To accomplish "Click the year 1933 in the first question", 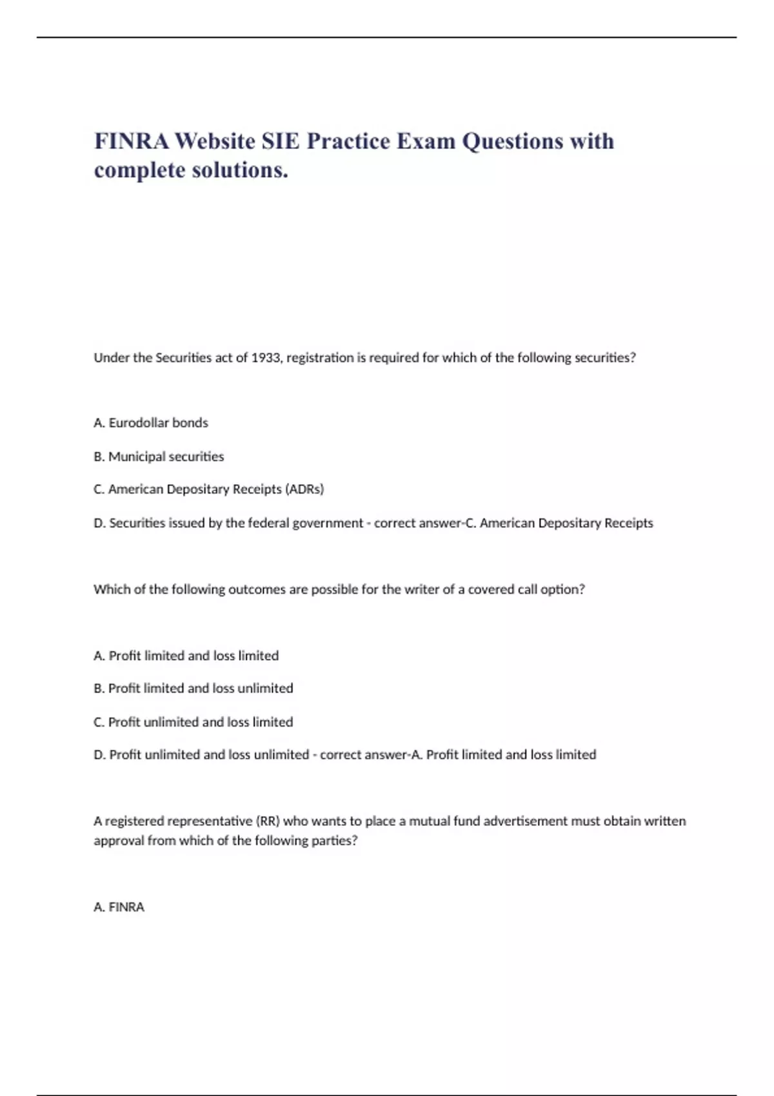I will tap(266, 358).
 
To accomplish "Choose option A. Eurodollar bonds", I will tap(151, 423).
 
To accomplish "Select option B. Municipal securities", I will tap(159, 456).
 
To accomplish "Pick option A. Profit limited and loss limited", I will tap(186, 656).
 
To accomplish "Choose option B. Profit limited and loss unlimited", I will tap(193, 689).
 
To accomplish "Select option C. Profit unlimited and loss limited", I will tap(193, 722).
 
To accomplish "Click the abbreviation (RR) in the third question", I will tap(268, 821).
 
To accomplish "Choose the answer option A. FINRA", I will tap(119, 907).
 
